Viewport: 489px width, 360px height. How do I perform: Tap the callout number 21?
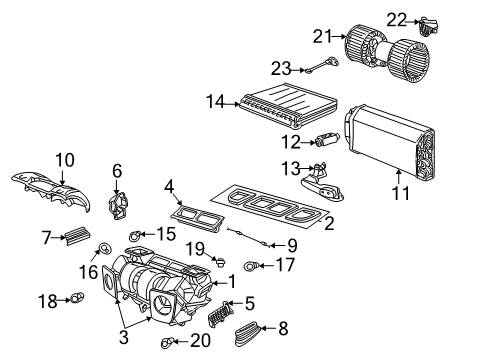(321, 37)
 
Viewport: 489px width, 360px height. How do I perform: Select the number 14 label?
(214, 101)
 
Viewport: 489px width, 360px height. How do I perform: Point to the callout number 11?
(400, 193)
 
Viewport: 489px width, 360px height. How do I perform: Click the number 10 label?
(64, 159)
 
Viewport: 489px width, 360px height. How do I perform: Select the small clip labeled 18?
(76, 298)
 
